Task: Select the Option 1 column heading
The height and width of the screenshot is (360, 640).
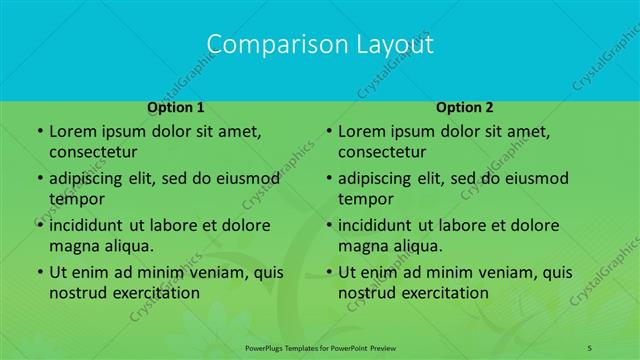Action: click(176, 106)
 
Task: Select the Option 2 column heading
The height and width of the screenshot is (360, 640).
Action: click(465, 106)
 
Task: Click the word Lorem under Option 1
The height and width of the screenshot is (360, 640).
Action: click(71, 131)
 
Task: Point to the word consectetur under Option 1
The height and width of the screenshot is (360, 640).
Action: click(93, 152)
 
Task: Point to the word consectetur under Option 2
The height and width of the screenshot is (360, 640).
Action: click(382, 152)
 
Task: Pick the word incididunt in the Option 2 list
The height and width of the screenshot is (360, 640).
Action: click(382, 225)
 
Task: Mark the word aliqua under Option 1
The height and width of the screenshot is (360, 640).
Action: click(126, 246)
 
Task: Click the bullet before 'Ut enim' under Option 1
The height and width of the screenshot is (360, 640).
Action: click(38, 272)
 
